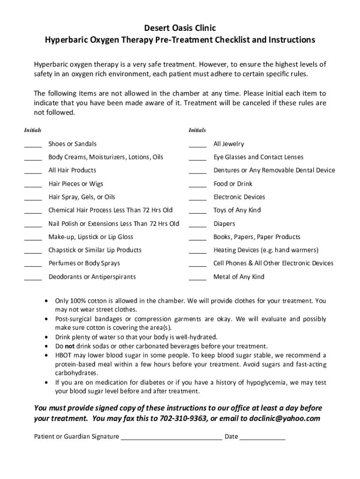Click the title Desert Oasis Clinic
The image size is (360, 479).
[x=180, y=29]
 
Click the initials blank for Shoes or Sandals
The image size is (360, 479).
[x=33, y=146]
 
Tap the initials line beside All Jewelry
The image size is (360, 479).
[x=197, y=146]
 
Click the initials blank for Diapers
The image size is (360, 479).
[x=197, y=226]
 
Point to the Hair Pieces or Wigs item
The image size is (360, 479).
[x=76, y=184]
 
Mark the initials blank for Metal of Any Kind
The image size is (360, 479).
[x=197, y=279]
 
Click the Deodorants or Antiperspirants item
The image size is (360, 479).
[x=92, y=277]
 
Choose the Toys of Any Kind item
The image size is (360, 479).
[x=237, y=210]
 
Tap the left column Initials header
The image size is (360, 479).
[x=33, y=130]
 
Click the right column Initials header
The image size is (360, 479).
[x=197, y=130]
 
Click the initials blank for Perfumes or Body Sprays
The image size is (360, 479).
[x=33, y=266]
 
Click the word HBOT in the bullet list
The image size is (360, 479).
[x=64, y=355]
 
